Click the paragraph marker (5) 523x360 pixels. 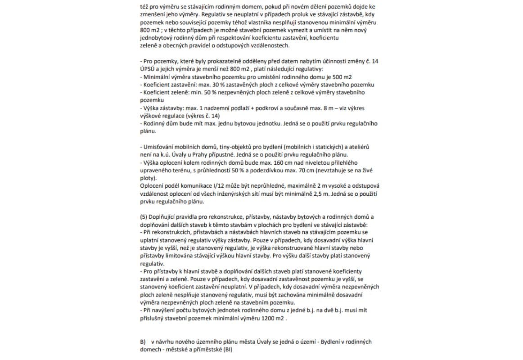point(145,217)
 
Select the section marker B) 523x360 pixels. point(144,342)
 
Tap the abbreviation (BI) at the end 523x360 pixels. point(229,349)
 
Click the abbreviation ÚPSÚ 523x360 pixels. point(149,69)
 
